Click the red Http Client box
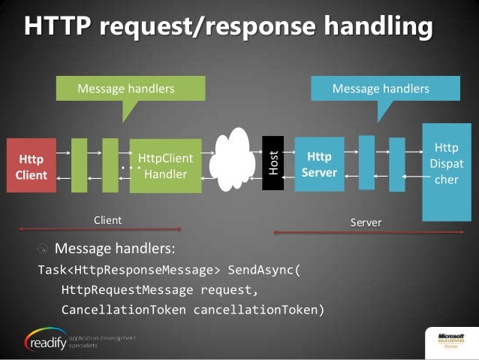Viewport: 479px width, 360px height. tap(32, 166)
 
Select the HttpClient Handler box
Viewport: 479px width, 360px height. tap(165, 166)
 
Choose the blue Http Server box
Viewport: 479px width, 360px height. tap(320, 165)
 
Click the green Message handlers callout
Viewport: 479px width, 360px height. tap(125, 89)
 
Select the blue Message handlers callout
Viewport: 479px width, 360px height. tap(380, 89)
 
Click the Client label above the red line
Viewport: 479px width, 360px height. tap(107, 219)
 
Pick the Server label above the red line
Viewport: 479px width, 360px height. tap(366, 222)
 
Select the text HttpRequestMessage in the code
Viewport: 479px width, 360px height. tap(122, 289)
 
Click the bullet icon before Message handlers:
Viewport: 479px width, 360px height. tap(44, 248)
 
